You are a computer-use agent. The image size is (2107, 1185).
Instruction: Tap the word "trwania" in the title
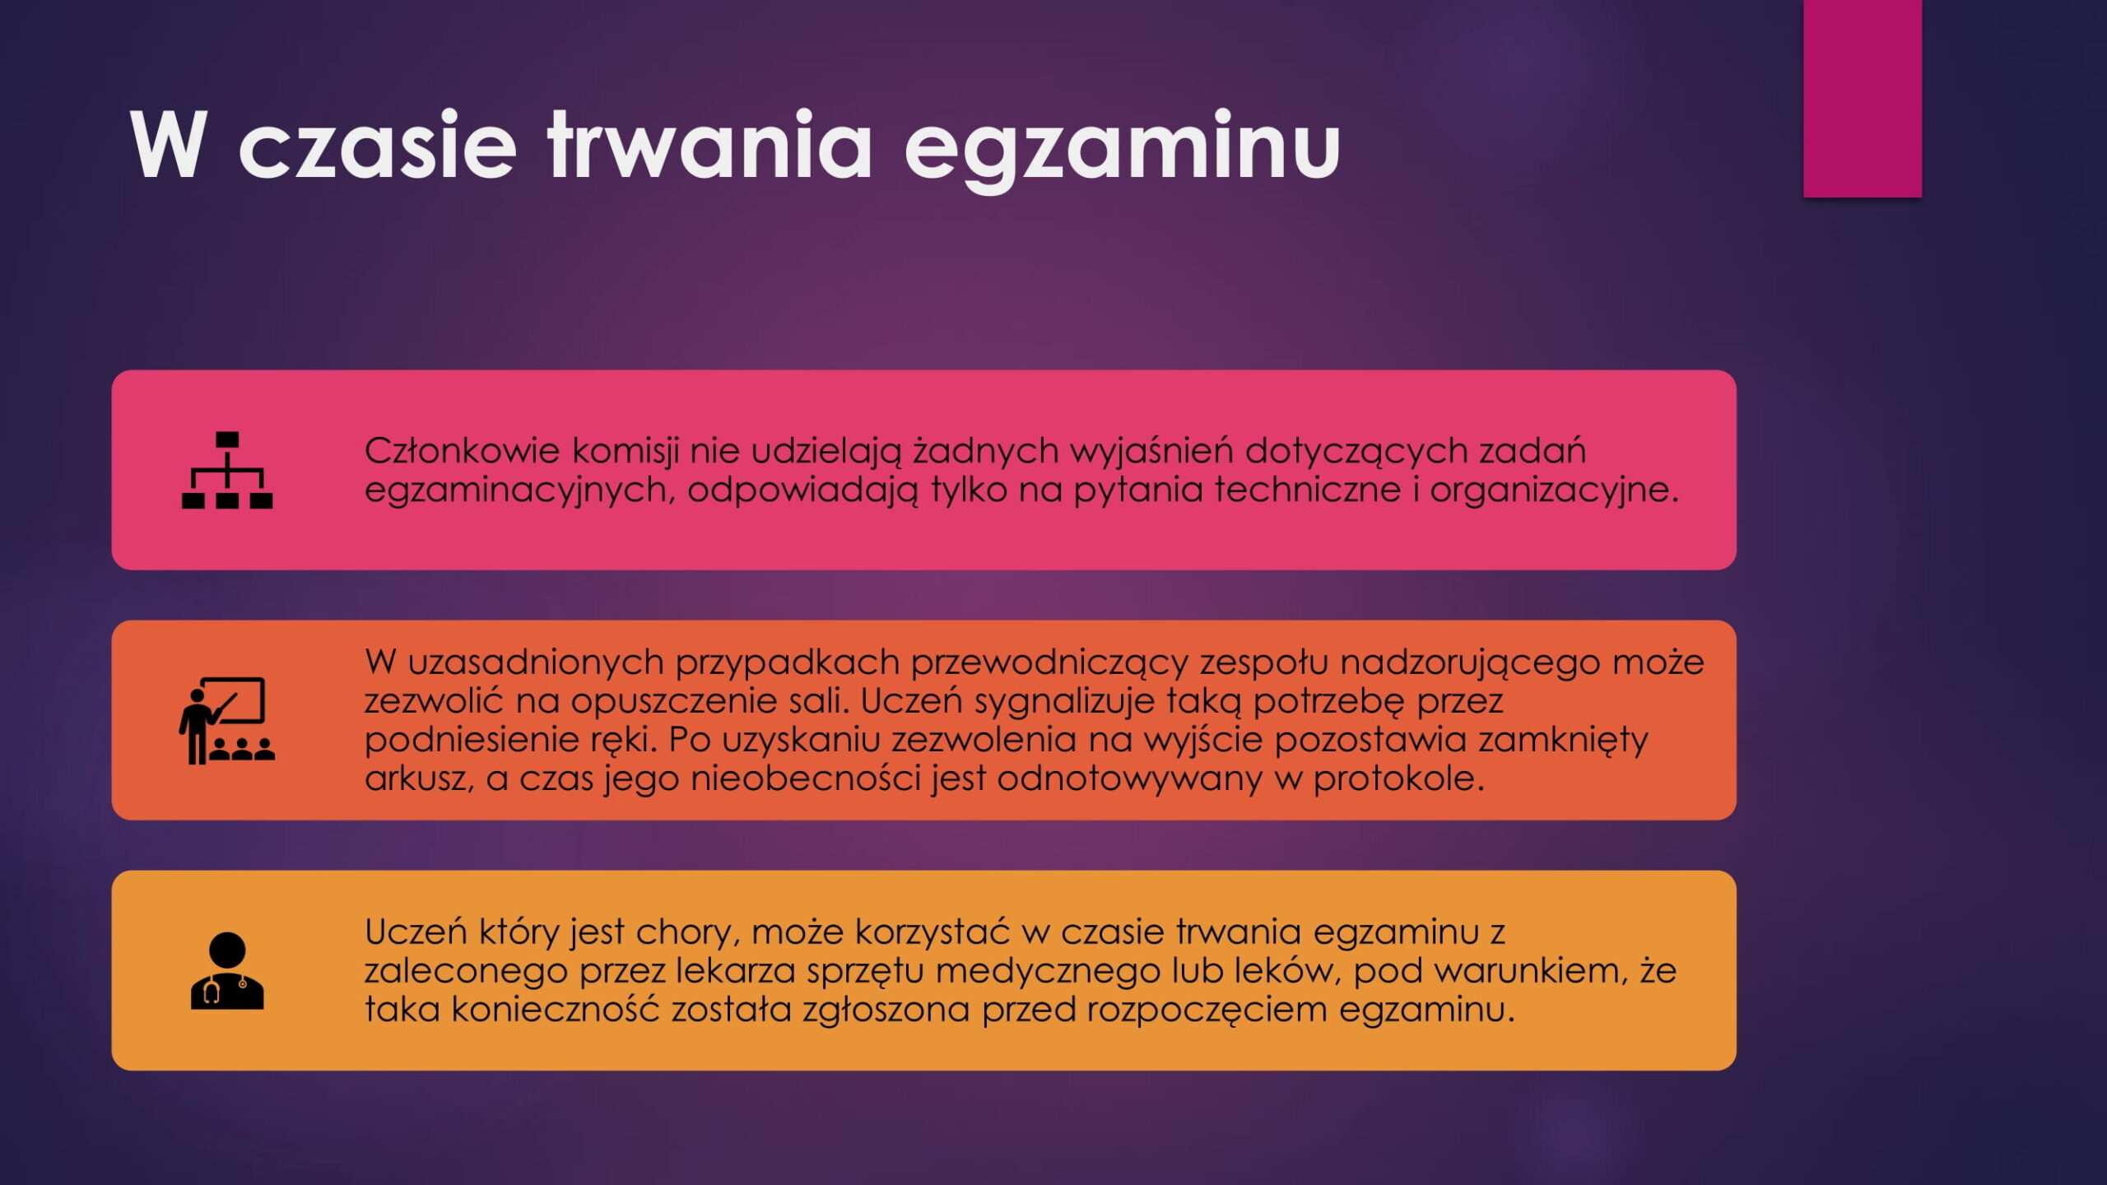tap(709, 144)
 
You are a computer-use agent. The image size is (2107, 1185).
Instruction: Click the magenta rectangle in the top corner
tap(1863, 99)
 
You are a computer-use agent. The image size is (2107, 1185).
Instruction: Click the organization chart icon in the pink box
tap(227, 470)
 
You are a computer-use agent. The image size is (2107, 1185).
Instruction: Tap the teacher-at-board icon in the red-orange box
tap(227, 721)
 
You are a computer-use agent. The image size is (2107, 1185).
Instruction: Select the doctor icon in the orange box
tap(227, 971)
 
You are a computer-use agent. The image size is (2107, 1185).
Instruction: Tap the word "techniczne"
tap(1307, 490)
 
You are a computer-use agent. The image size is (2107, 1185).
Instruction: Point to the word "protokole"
tap(1399, 778)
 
